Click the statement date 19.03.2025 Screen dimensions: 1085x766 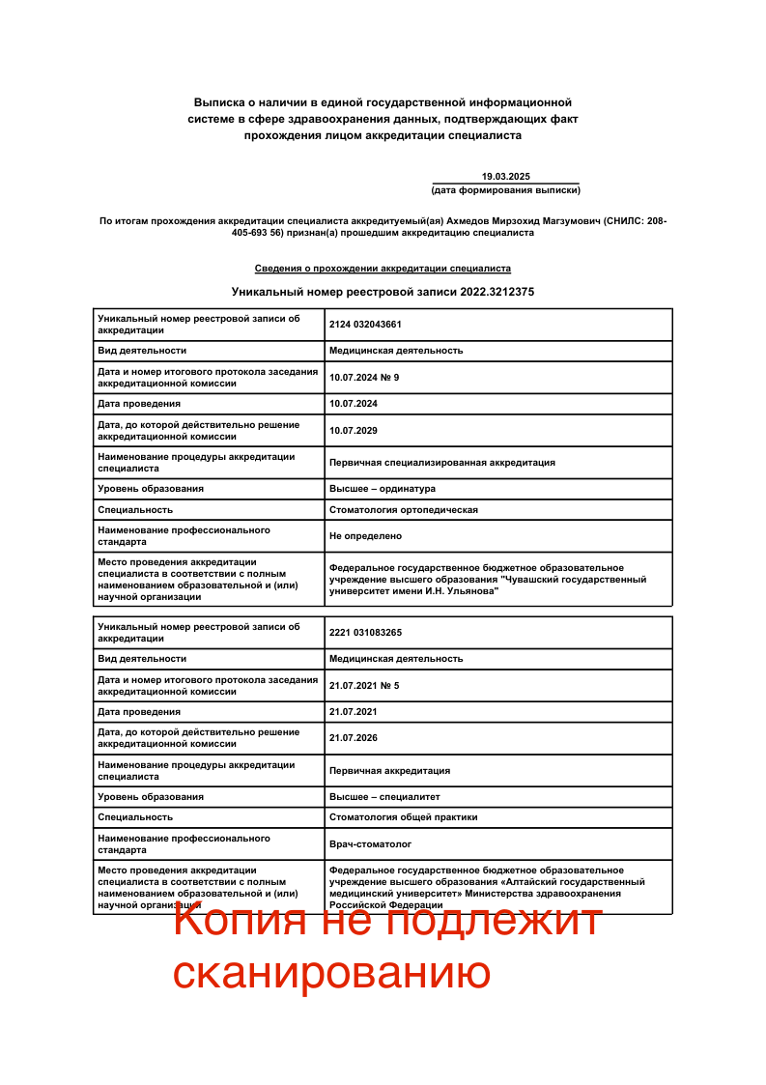click(x=506, y=176)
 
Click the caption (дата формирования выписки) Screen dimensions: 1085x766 click(x=505, y=190)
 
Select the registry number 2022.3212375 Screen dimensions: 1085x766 click(x=497, y=291)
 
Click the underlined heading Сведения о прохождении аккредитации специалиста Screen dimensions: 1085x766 click(x=383, y=268)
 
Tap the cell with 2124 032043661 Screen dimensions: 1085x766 click(x=365, y=325)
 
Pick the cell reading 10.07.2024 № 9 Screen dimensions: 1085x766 click(x=364, y=377)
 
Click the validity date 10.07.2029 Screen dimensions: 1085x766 click(x=354, y=430)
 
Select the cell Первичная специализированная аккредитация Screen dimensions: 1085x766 click(x=442, y=462)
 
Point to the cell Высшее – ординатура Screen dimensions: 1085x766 click(x=383, y=488)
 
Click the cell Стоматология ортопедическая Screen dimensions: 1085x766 click(x=404, y=509)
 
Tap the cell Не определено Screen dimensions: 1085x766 click(x=365, y=535)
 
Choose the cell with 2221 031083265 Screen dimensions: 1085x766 click(x=365, y=632)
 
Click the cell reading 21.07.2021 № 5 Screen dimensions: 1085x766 click(x=364, y=685)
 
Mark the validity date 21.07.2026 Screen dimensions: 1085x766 click(x=354, y=737)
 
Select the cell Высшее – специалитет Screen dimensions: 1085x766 click(x=384, y=796)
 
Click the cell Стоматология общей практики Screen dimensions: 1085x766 click(x=404, y=816)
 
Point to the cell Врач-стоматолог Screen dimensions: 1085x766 click(x=370, y=843)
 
